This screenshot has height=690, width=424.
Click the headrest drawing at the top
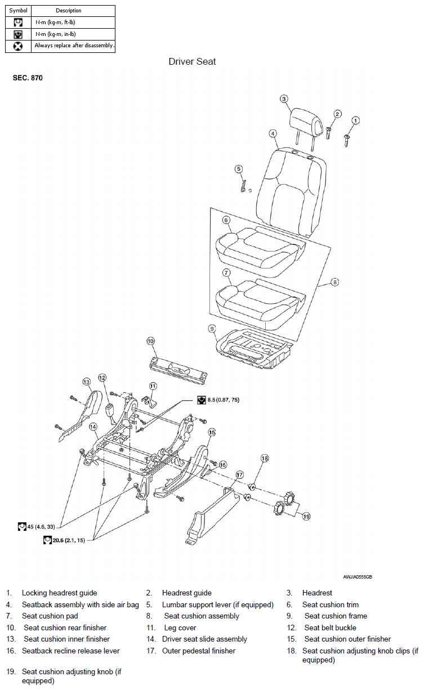pyautogui.click(x=306, y=123)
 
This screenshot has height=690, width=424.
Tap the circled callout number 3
pyautogui.click(x=284, y=99)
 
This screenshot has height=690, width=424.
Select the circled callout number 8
pyautogui.click(x=334, y=282)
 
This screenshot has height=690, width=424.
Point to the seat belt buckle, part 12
pyautogui.click(x=110, y=411)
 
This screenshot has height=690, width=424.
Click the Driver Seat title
pyautogui.click(x=192, y=61)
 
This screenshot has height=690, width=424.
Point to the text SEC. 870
pyautogui.click(x=28, y=78)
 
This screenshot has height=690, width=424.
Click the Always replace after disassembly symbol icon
pyautogui.click(x=18, y=46)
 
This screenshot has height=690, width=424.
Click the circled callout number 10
pyautogui.click(x=151, y=341)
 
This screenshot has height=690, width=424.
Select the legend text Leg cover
pyautogui.click(x=180, y=628)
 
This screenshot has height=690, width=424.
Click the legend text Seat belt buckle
pyautogui.click(x=330, y=628)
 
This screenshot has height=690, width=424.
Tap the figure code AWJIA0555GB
pyautogui.click(x=358, y=577)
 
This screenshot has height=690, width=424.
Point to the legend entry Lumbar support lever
pyautogui.click(x=217, y=604)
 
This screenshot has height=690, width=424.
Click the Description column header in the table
pyautogui.click(x=68, y=11)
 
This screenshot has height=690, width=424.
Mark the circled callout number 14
pyautogui.click(x=93, y=427)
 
